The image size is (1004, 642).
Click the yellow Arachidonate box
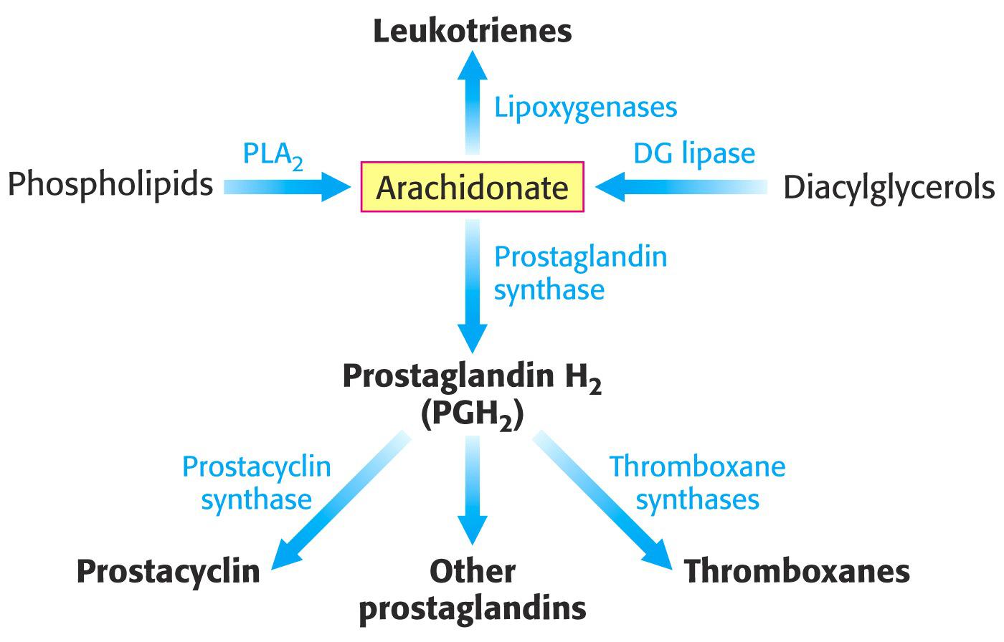tap(472, 188)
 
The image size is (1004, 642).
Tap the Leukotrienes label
tap(472, 32)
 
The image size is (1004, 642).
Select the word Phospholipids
tap(110, 185)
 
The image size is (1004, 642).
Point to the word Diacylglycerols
tap(889, 188)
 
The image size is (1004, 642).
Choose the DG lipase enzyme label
tap(693, 153)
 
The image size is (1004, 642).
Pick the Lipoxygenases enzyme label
tap(585, 107)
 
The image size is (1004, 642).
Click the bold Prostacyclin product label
tap(168, 572)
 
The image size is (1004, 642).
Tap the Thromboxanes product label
tap(797, 572)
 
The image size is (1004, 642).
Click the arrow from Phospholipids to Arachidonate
tap(287, 187)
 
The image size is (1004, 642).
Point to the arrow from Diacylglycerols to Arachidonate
tap(678, 187)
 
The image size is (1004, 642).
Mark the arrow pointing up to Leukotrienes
tap(472, 100)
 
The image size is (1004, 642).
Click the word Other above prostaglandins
tap(472, 572)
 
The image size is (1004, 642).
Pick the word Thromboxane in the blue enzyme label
tap(697, 466)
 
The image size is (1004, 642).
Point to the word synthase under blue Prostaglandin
tap(549, 290)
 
